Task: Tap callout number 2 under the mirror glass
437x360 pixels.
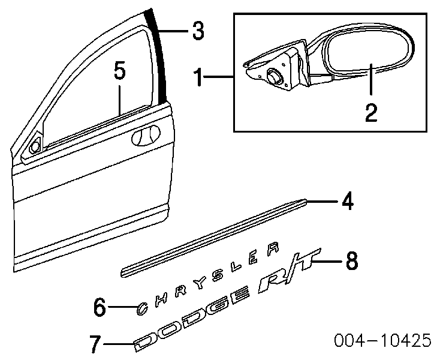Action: (372, 112)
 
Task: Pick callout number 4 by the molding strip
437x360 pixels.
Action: (346, 202)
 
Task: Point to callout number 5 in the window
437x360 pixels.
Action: (119, 73)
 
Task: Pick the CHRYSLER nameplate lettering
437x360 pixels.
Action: (207, 280)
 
